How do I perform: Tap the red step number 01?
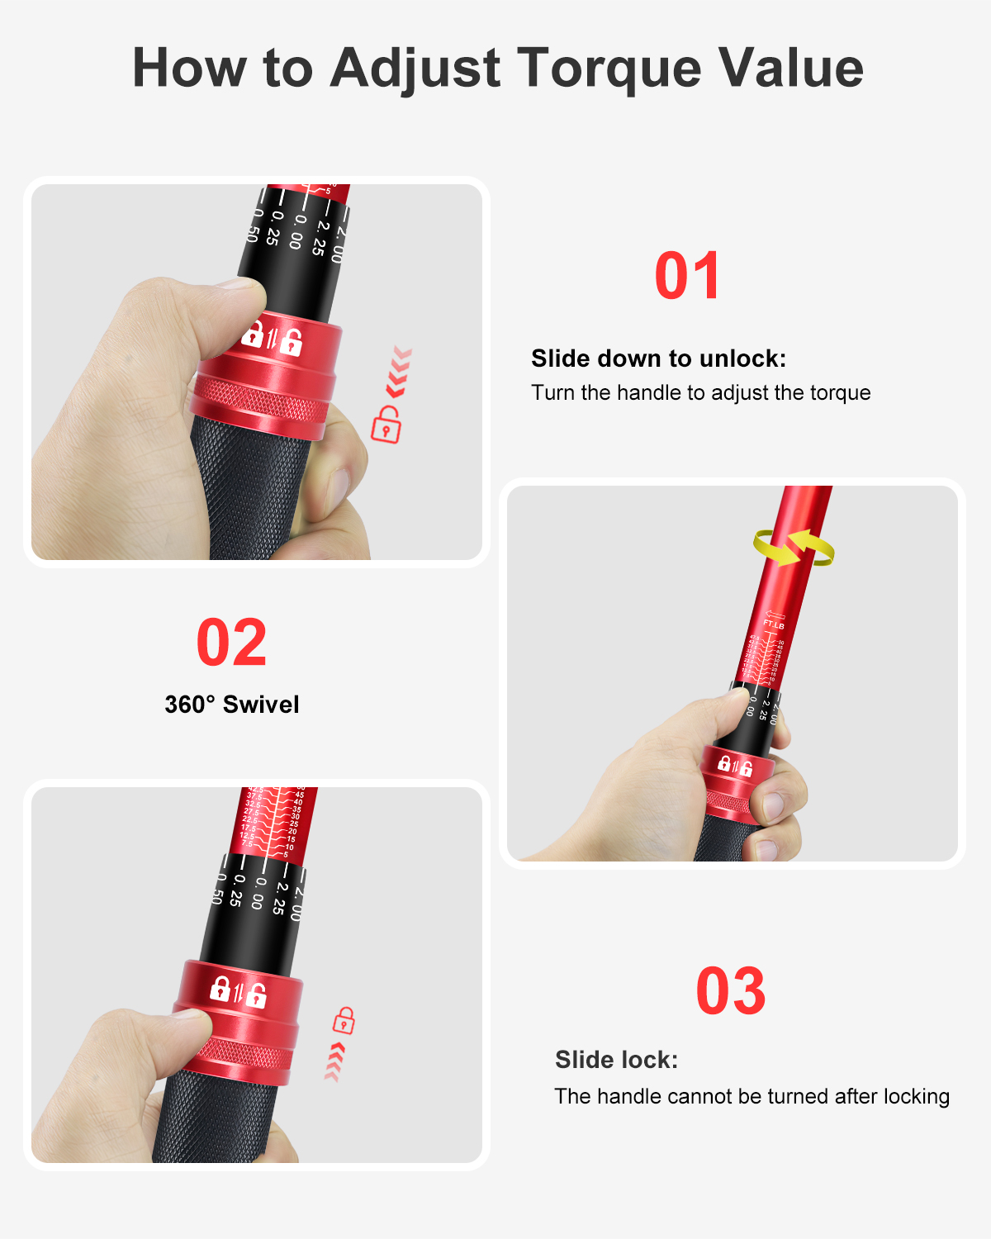point(687,277)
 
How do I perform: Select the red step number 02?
point(231,643)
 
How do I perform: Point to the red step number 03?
point(730,991)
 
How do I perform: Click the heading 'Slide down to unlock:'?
point(658,358)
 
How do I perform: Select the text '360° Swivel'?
point(231,705)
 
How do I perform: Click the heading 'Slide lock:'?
point(616,1060)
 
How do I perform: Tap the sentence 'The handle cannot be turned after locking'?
point(752,1096)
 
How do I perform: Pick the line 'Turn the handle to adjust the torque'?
point(700,392)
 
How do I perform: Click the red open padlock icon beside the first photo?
point(386,425)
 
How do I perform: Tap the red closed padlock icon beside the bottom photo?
point(344,1020)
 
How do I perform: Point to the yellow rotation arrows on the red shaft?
point(794,548)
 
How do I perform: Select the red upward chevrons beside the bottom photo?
point(334,1061)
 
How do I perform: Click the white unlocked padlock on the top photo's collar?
point(291,341)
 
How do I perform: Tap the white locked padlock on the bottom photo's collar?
point(220,988)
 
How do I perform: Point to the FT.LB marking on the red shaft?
point(774,624)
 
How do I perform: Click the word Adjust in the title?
point(415,69)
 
